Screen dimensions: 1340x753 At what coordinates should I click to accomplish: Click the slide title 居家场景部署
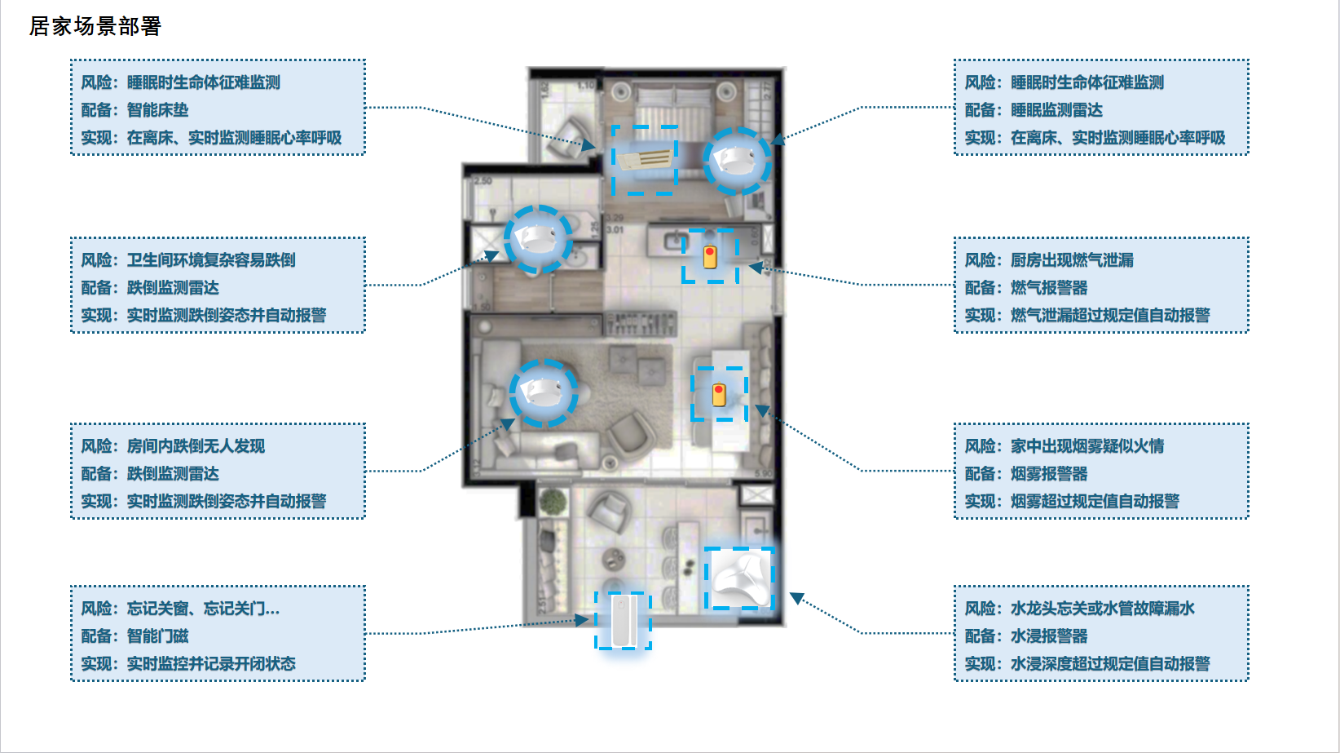[95, 26]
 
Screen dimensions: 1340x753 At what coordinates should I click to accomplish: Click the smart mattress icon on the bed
[644, 160]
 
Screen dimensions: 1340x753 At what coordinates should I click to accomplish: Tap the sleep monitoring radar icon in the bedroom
[737, 161]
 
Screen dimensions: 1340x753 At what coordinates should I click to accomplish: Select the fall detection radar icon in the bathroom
[538, 239]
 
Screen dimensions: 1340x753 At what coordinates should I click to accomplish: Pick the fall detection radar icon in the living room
[543, 392]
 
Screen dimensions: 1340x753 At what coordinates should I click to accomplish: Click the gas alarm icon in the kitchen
[710, 256]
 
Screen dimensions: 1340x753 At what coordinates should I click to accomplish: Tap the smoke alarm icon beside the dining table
[719, 395]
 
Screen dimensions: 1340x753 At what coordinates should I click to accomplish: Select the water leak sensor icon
[739, 578]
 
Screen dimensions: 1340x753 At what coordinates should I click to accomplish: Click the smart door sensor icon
[623, 621]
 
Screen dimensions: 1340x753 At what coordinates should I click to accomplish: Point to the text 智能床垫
[157, 110]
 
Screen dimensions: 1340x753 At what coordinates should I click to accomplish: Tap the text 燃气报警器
[1049, 288]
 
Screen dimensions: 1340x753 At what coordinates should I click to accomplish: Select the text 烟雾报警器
[1049, 474]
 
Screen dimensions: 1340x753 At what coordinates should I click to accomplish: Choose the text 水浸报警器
[1049, 636]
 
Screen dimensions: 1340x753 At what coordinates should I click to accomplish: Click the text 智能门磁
[157, 636]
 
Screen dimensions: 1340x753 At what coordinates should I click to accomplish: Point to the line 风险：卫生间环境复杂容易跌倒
[187, 260]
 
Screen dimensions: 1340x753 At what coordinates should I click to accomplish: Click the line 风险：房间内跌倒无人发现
[173, 446]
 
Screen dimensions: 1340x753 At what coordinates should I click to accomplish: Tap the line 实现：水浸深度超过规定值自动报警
[1087, 664]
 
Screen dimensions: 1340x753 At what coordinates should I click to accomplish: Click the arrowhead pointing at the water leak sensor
[797, 597]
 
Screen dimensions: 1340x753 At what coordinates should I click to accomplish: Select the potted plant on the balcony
[552, 502]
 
